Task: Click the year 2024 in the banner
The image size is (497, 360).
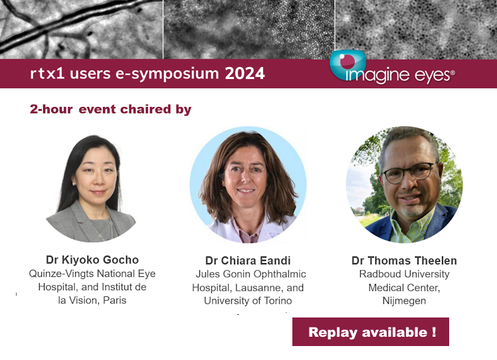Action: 245,74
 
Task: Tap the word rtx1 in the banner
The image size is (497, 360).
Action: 47,74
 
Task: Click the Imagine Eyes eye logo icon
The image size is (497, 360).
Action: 348,64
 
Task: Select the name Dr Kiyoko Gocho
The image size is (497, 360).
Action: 92,260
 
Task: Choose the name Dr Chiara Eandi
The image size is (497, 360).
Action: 248,260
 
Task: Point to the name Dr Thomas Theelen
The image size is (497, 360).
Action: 404,260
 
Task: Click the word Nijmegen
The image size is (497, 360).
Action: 404,301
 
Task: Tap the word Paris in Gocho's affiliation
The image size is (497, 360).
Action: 114,300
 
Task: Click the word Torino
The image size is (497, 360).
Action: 278,300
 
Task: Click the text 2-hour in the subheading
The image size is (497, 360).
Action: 51,109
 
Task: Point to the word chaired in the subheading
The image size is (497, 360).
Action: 146,109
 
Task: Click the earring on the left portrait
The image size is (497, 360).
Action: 74,183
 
